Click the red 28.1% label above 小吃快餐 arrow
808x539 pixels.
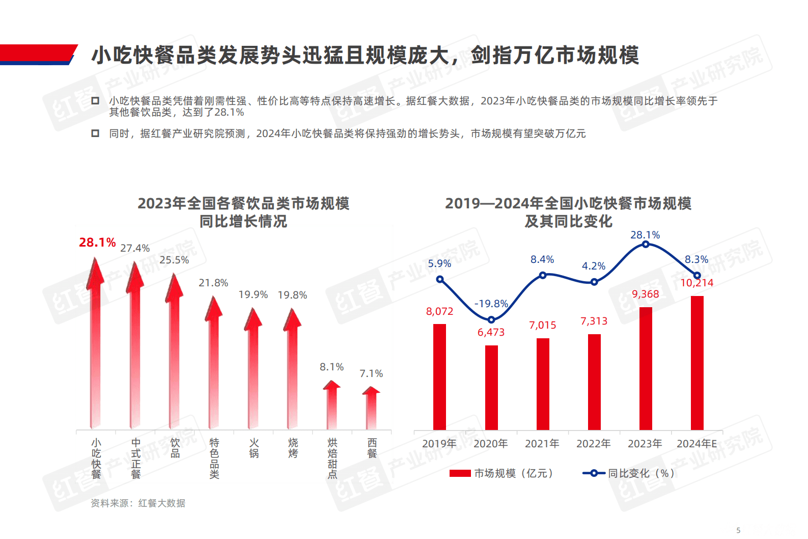(97, 242)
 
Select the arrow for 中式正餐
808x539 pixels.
(135, 346)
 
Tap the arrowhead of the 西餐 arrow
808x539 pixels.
(371, 391)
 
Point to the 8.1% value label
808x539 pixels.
(331, 367)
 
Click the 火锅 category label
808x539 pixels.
(254, 448)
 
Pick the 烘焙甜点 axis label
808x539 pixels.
(332, 459)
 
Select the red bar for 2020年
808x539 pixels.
(491, 387)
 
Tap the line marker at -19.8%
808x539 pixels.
(491, 320)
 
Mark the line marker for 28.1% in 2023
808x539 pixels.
(646, 245)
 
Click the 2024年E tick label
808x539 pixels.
(696, 444)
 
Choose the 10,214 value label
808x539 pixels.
(696, 283)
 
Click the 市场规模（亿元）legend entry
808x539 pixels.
(501, 473)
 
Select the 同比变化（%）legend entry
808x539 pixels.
(629, 473)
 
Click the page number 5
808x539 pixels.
(738, 530)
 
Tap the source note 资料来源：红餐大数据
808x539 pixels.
(137, 503)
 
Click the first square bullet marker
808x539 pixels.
(95, 101)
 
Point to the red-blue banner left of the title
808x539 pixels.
(38, 55)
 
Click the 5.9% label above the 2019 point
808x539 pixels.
(439, 263)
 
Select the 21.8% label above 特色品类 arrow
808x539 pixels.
(213, 283)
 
